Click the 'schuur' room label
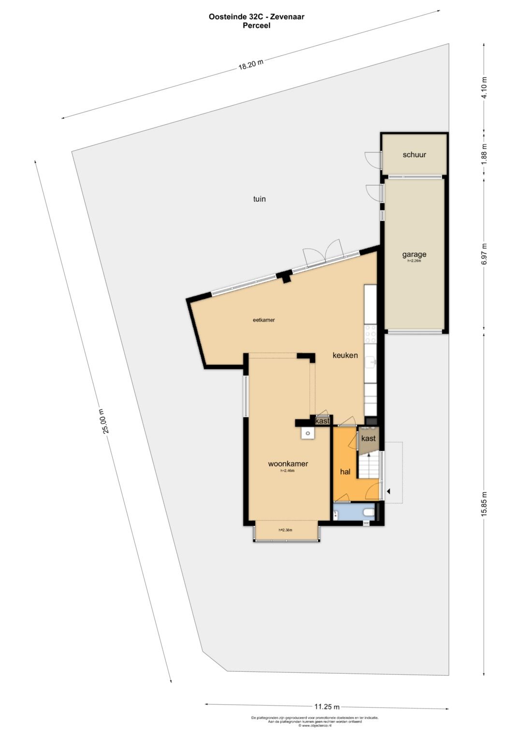coord(414,155)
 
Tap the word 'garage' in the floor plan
coord(414,254)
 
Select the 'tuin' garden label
coord(260,199)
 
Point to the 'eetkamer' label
coord(264,320)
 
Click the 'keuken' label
coord(345,355)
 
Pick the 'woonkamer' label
coord(288,464)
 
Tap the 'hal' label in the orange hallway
coord(345,472)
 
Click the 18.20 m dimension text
coord(251,65)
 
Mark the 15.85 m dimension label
coord(484,504)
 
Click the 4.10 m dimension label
coord(484,87)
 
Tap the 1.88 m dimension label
coord(484,154)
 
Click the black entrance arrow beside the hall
coord(388,491)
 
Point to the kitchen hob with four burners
coord(371,334)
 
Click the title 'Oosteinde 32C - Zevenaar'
coord(256,16)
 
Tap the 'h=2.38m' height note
coord(285,530)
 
